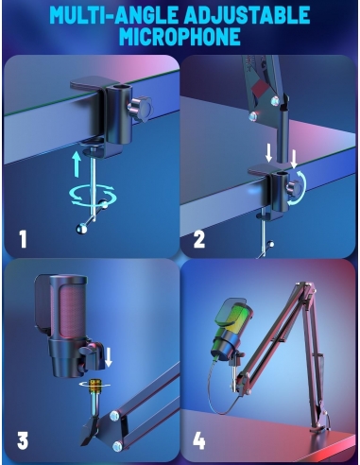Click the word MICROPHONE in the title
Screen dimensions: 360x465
[x=180, y=37]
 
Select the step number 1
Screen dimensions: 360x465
[x=23, y=239]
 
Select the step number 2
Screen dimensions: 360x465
[x=199, y=239]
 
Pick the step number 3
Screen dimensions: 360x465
[x=23, y=439]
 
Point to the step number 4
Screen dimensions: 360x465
[x=199, y=440]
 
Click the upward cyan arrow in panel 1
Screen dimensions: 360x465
[x=77, y=164]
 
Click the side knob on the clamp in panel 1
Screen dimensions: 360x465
[x=141, y=109]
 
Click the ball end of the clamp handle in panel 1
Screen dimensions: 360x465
[x=82, y=229]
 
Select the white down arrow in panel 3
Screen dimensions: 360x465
[x=109, y=357]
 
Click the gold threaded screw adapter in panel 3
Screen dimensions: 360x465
[x=94, y=387]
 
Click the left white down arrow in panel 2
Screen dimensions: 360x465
[x=268, y=154]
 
